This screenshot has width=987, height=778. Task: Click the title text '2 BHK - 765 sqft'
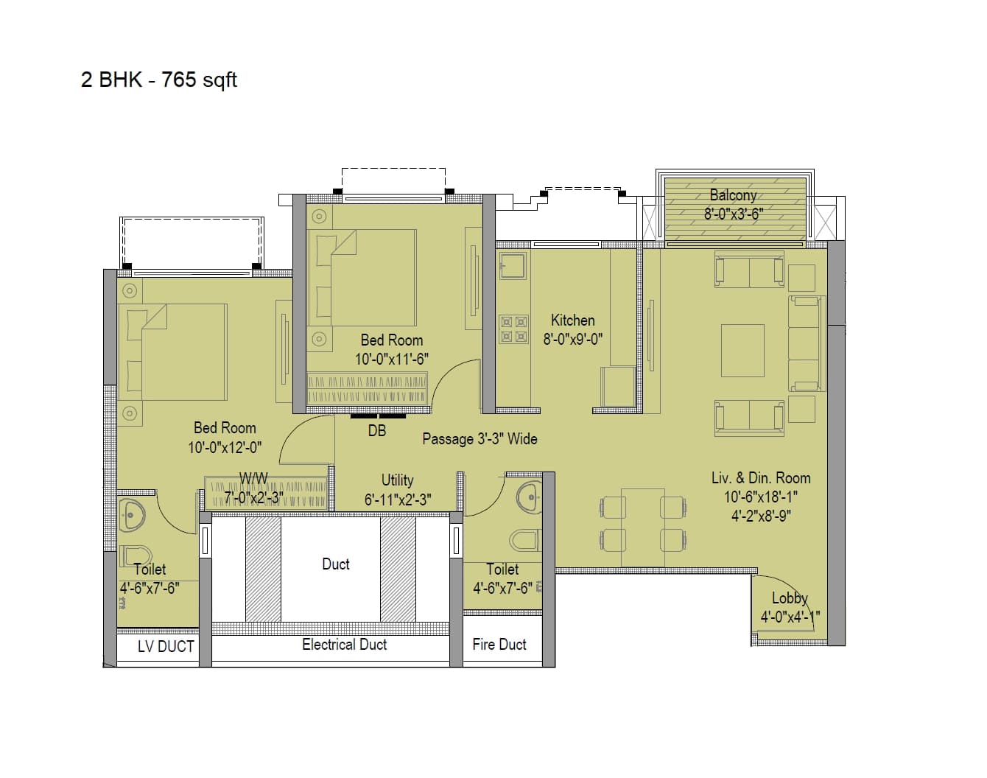[x=159, y=80]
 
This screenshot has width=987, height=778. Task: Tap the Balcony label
[x=733, y=195]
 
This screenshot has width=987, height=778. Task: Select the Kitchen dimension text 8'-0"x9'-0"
[x=573, y=340]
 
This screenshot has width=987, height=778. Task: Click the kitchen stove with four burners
[x=514, y=329]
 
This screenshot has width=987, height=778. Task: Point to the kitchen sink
[x=513, y=265]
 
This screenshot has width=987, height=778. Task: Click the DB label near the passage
[x=376, y=431]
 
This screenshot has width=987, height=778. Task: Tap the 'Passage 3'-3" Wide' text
[x=480, y=439]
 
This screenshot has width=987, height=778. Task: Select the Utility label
[x=397, y=480]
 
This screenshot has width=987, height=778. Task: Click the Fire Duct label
[x=499, y=645]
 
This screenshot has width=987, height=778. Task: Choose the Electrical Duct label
[x=344, y=645]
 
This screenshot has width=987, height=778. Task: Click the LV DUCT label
[x=166, y=647]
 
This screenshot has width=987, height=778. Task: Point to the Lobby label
[x=790, y=598]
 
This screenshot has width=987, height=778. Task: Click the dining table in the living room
[x=643, y=526]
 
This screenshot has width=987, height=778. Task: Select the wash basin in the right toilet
[x=528, y=497]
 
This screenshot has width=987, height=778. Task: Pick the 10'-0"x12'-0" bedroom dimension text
[x=225, y=448]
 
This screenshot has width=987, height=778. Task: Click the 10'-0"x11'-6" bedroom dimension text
[x=391, y=360]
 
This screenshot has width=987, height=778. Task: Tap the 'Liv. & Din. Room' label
[x=760, y=478]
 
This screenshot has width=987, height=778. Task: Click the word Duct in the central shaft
[x=335, y=564]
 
